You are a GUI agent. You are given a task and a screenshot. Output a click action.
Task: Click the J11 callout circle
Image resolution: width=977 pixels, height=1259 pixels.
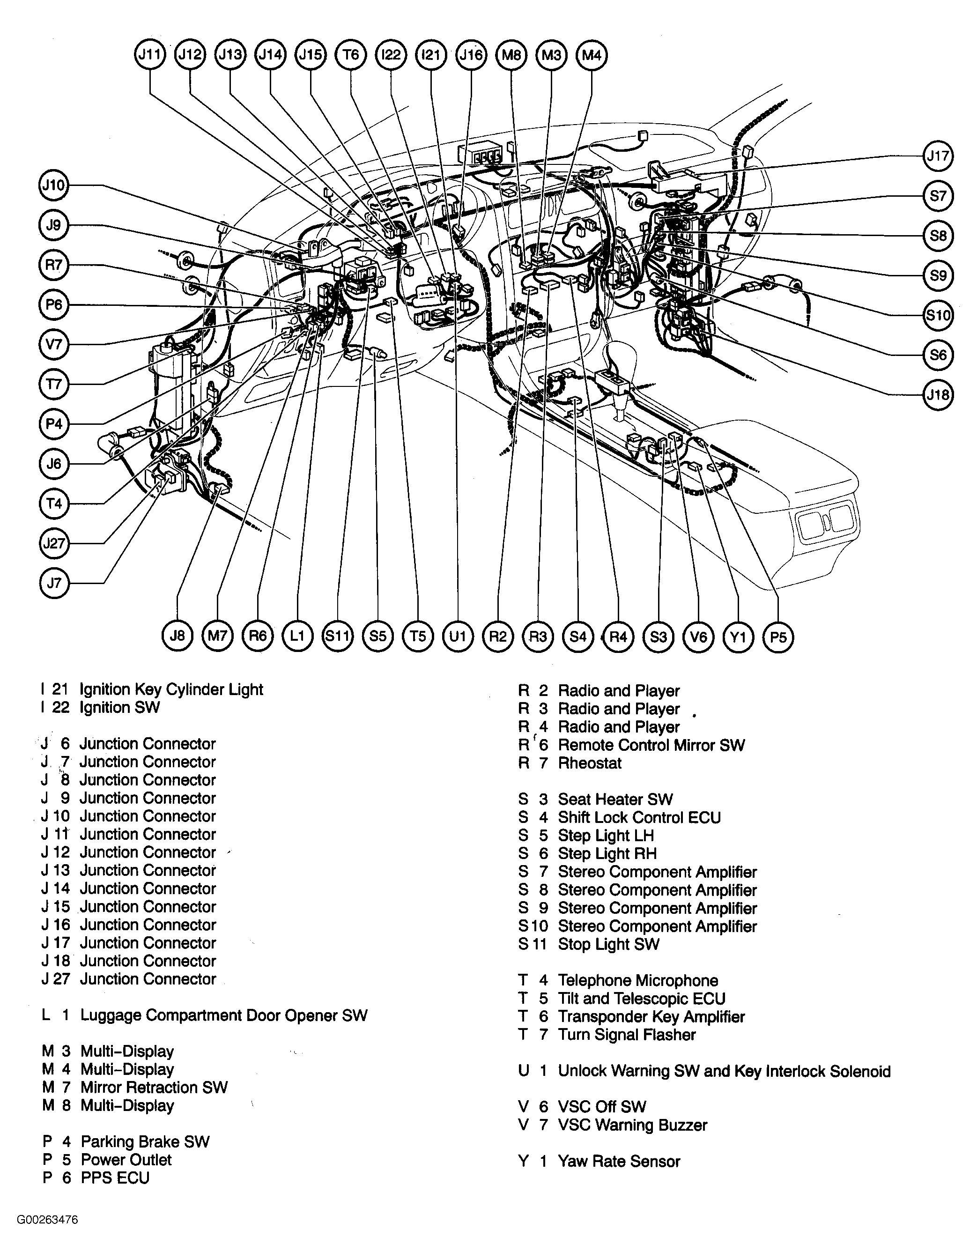click(x=150, y=55)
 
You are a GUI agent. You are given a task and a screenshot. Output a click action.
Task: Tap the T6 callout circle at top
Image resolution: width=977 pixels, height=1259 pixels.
click(x=350, y=55)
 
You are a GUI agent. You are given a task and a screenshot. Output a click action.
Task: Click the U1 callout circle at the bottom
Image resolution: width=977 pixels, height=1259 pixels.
click(x=458, y=637)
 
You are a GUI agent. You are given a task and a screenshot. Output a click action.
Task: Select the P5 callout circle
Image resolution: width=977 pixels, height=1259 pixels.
click(x=778, y=637)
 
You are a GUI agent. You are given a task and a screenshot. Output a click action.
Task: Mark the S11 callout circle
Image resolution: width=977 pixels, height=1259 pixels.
click(x=337, y=637)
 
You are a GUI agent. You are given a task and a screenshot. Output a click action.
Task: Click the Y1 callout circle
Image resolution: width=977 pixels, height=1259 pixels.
click(x=738, y=637)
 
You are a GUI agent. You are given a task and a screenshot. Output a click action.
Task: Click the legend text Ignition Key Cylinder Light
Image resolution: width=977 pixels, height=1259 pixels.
click(x=171, y=689)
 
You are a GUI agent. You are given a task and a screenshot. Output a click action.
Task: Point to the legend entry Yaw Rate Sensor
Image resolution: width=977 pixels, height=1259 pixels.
click(x=619, y=1161)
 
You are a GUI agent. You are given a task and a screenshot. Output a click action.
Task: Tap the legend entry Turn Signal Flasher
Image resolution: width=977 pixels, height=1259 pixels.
click(x=627, y=1035)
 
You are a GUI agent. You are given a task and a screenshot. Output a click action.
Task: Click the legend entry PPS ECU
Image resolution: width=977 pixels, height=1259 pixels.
click(x=115, y=1178)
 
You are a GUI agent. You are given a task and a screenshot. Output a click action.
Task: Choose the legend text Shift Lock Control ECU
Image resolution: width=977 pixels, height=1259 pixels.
click(x=639, y=817)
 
